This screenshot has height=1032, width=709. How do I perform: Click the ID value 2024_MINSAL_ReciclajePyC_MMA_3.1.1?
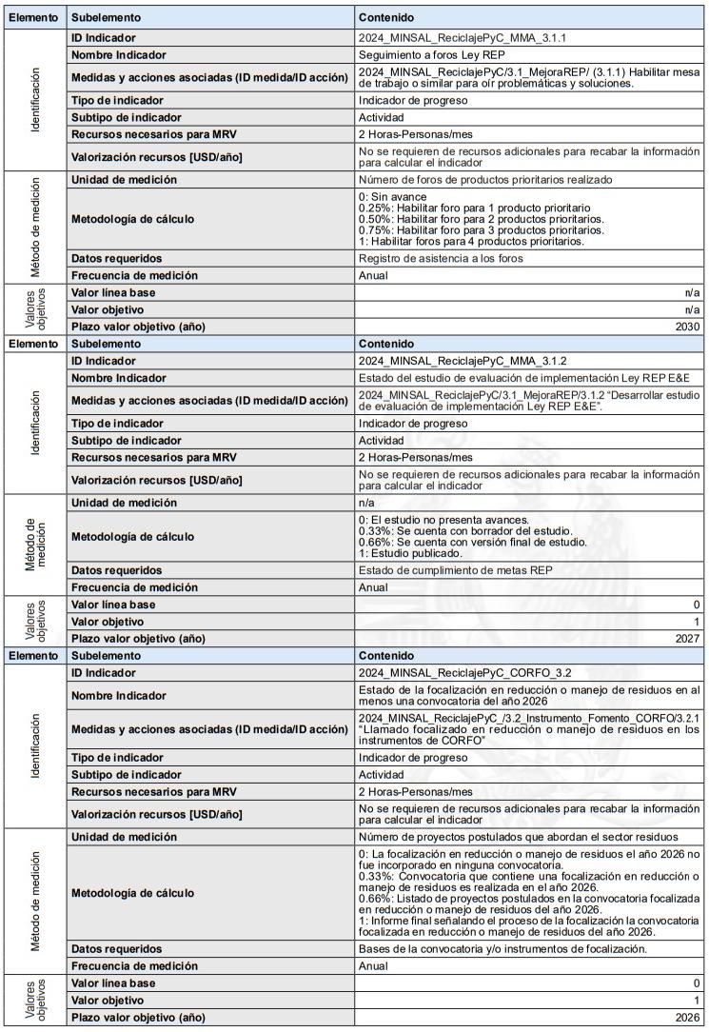tap(460, 38)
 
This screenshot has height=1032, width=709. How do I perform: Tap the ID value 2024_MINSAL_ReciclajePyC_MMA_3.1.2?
tap(460, 361)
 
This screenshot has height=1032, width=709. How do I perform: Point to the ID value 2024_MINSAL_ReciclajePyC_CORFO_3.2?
tap(466, 673)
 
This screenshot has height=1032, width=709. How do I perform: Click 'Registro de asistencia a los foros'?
tap(441, 259)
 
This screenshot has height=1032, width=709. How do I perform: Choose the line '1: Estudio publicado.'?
tap(411, 553)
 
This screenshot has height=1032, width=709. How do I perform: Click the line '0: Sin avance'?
tap(393, 197)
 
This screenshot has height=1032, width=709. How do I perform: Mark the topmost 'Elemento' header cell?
tap(34, 18)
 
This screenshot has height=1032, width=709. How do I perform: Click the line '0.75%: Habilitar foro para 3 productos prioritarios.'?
tap(481, 230)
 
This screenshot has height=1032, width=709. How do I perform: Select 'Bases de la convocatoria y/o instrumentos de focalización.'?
tap(502, 949)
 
